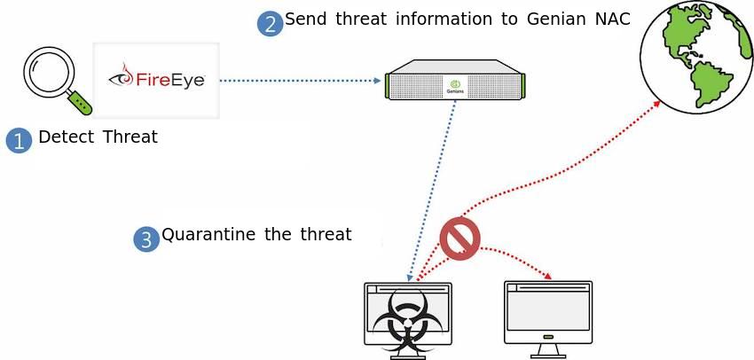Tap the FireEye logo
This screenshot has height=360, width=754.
click(156, 79)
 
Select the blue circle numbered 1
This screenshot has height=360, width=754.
click(19, 140)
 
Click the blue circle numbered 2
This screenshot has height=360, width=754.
click(270, 23)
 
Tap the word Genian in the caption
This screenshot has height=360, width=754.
click(549, 20)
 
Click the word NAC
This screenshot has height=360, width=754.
click(609, 20)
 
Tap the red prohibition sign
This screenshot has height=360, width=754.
click(459, 238)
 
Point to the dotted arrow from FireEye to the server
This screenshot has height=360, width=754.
click(298, 80)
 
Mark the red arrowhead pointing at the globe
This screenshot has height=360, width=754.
click(657, 105)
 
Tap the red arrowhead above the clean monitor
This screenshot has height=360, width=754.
click(549, 278)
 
